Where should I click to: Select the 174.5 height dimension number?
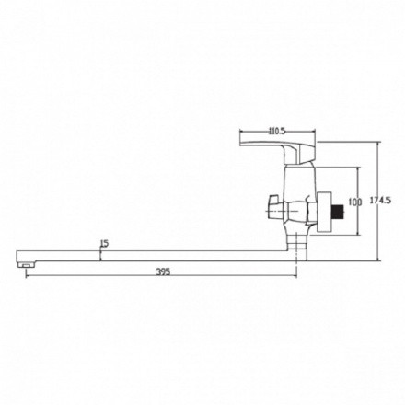pos(391,199)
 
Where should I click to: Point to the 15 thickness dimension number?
pos(103,243)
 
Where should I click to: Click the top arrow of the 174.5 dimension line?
pos(377,140)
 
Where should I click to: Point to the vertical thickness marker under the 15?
pos(100,254)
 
